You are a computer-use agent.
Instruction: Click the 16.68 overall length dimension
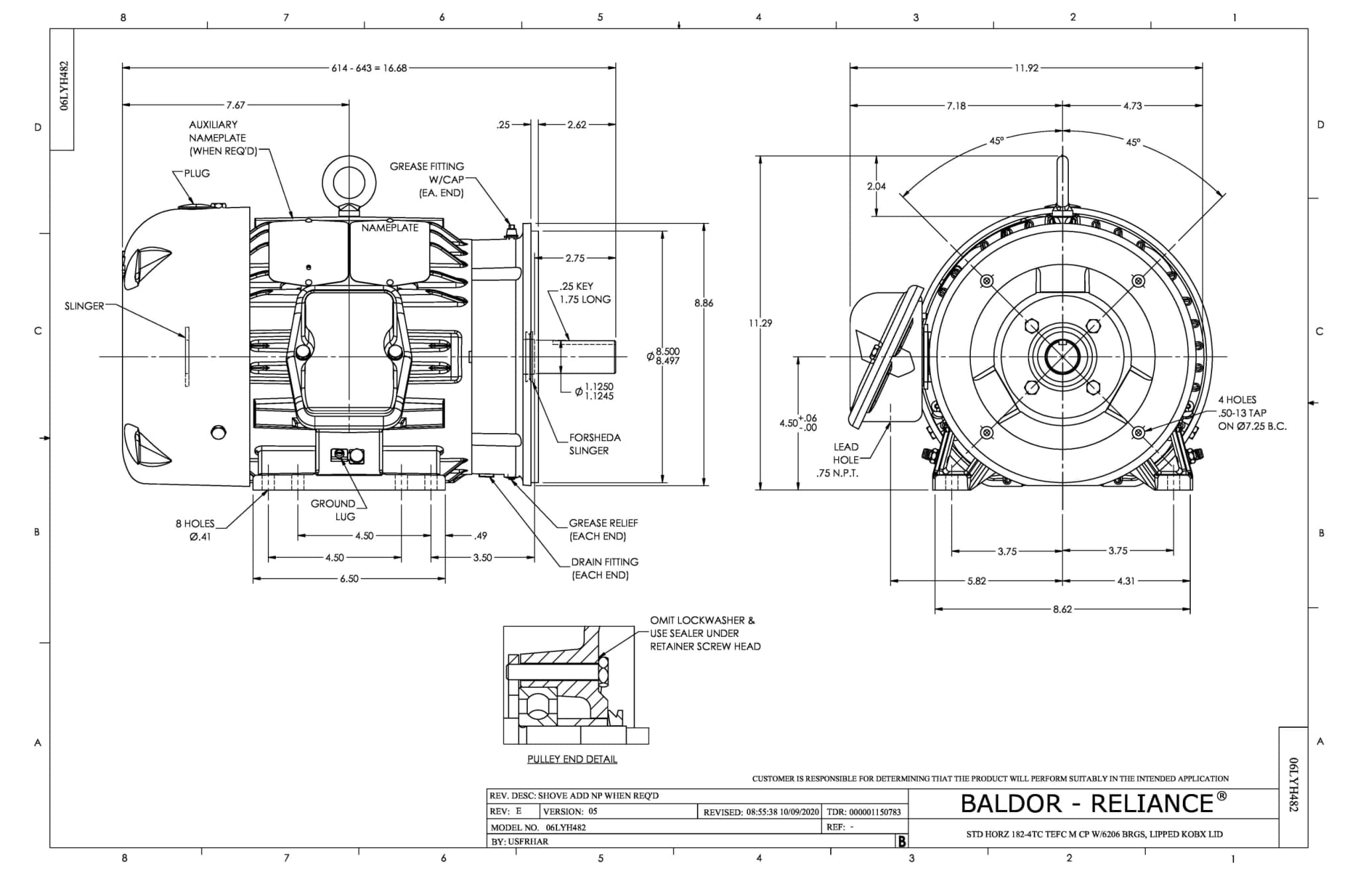[369, 68]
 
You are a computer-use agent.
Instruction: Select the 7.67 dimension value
[235, 105]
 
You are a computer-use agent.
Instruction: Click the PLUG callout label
[197, 173]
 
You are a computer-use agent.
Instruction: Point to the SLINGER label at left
[84, 306]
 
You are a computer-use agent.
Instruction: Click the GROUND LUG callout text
[334, 510]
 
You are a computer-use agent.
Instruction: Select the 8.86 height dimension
[704, 303]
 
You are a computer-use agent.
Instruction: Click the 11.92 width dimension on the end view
[1026, 68]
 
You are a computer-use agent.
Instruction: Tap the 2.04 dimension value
[876, 186]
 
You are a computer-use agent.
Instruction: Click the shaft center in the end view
[1062, 357]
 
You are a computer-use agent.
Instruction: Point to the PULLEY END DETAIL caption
[572, 759]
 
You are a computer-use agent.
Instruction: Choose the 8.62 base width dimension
[1062, 609]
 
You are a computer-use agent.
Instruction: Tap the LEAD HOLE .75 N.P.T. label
[839, 460]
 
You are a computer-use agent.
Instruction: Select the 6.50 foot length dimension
[349, 578]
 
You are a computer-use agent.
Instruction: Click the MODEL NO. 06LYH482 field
[538, 827]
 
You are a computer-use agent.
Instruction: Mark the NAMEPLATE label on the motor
[390, 228]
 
